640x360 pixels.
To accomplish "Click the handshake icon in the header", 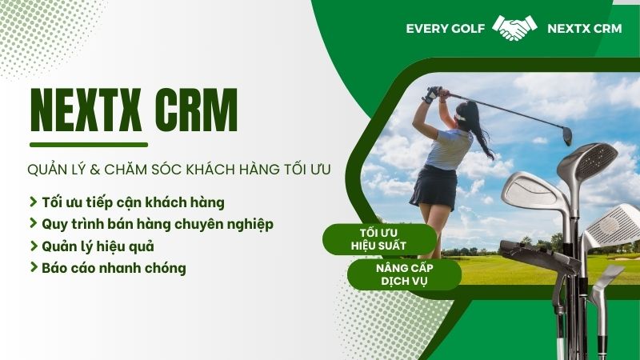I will click(x=514, y=29).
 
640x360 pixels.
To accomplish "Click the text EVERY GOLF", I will click(x=445, y=29).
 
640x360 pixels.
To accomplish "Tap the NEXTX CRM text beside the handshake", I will click(x=584, y=29).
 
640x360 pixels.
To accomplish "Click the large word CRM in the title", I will click(x=196, y=111).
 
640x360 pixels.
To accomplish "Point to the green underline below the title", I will click(x=89, y=145).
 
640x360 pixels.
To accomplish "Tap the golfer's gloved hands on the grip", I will click(x=433, y=94).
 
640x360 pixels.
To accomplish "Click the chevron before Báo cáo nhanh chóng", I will click(x=33, y=268).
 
